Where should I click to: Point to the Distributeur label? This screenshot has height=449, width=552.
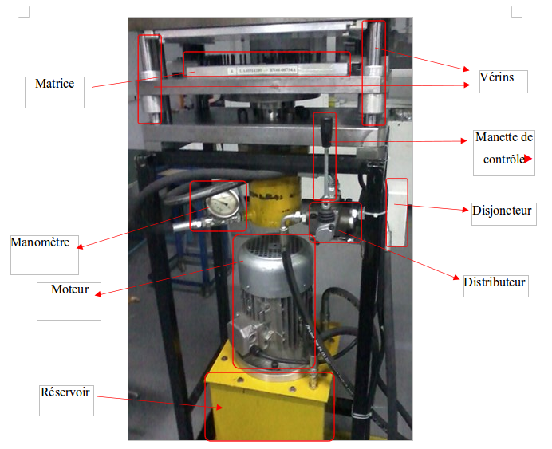pos(495,283)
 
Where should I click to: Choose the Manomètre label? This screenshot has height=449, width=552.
pos(40,242)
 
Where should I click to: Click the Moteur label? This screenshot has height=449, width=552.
pos(69,289)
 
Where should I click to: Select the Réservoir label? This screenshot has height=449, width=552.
pos(65,392)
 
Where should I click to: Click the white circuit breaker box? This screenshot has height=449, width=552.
pos(396,211)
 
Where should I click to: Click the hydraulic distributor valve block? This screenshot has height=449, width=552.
pos(335,221)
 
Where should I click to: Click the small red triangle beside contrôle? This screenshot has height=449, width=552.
pos(527,160)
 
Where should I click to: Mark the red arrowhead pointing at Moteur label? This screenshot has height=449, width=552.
pos(97,293)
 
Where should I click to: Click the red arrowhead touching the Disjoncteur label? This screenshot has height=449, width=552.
pos(465,211)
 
